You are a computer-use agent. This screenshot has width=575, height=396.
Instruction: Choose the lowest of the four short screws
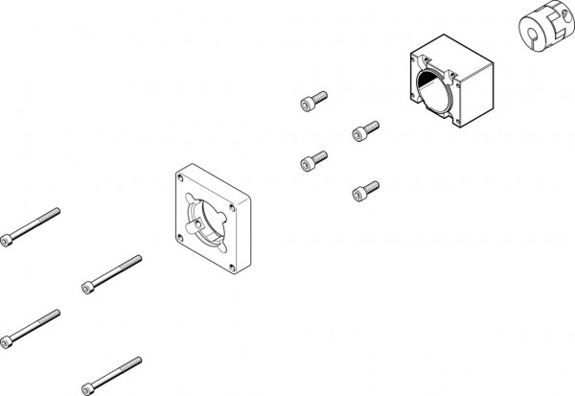tap(365, 188)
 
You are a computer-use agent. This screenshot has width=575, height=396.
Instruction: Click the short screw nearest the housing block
tap(364, 128)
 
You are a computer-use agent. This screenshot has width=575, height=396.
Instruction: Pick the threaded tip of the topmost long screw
tap(55, 211)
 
